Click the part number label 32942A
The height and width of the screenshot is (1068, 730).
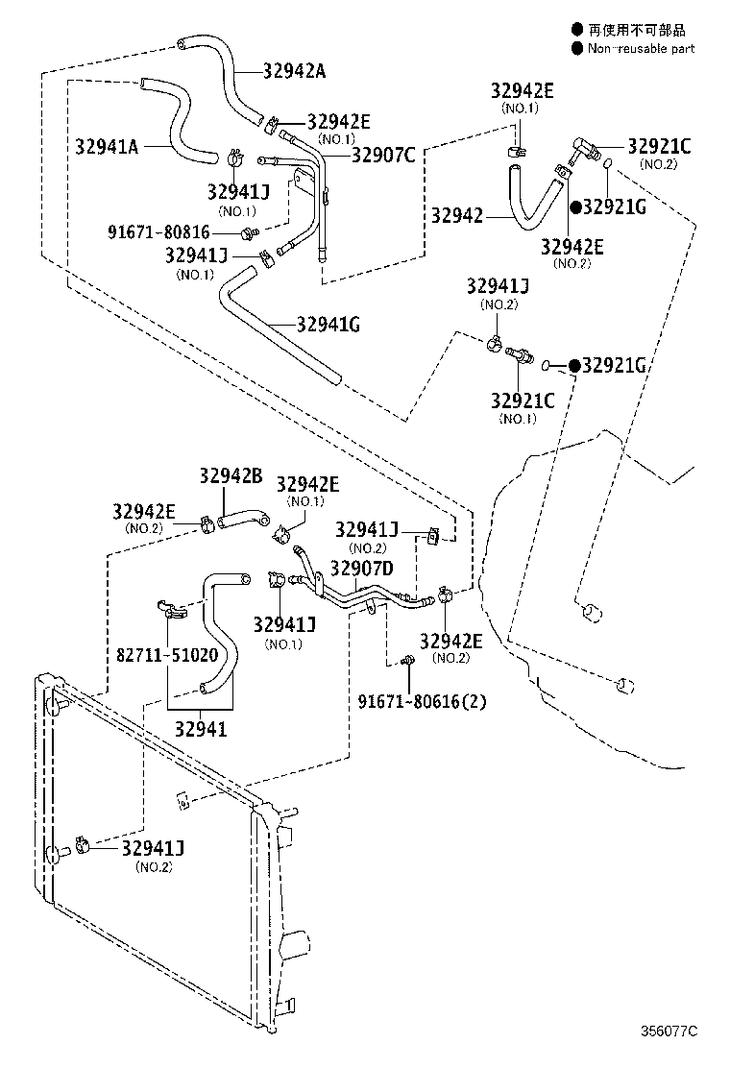pos(295,70)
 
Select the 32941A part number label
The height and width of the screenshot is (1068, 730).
pos(107,147)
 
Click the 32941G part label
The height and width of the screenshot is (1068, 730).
pos(328,325)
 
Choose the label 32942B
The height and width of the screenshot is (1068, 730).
pos(231,475)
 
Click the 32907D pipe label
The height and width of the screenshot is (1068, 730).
pos(361,569)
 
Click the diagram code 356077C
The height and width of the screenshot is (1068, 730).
pos(669,1031)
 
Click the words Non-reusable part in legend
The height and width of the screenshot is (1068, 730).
pos(641,49)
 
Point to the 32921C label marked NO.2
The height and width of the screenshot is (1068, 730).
pos(659,146)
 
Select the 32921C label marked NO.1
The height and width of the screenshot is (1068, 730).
pos(523,400)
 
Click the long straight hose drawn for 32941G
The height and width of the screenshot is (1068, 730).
pos(279,331)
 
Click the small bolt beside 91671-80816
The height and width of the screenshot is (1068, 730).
pos(248,231)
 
